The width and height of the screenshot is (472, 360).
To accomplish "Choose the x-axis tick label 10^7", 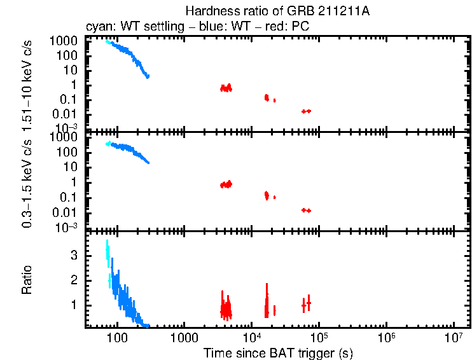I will (x=454, y=336).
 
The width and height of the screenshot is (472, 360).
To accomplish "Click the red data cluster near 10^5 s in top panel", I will (x=306, y=111).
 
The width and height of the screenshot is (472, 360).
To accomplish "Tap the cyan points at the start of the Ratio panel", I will (x=108, y=254).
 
